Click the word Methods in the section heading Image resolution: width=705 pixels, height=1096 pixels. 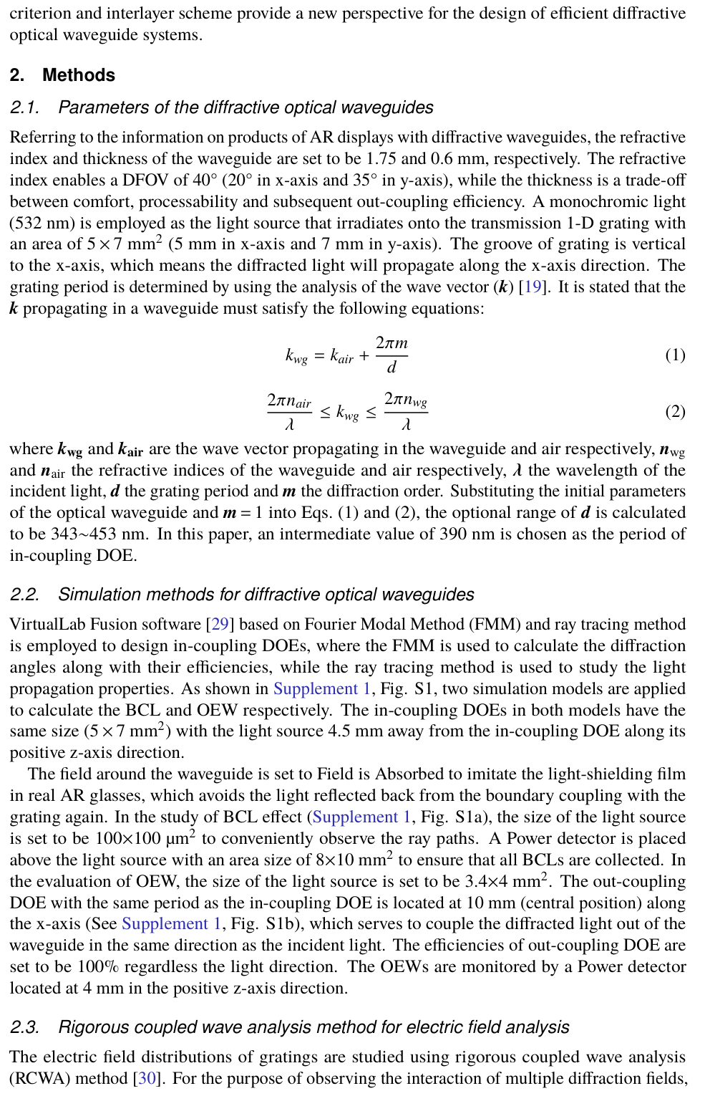pyautogui.click(x=79, y=75)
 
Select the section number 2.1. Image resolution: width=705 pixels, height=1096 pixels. pyautogui.click(x=24, y=107)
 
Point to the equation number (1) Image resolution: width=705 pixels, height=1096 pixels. pyautogui.click(x=675, y=355)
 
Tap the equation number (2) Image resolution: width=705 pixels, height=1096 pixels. pyautogui.click(x=675, y=411)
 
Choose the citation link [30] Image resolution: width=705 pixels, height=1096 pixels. pyautogui.click(x=147, y=1079)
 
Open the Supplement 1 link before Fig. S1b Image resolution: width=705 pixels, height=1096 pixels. pyautogui.click(x=169, y=924)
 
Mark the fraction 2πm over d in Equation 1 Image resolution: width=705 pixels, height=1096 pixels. pyautogui.click(x=392, y=355)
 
